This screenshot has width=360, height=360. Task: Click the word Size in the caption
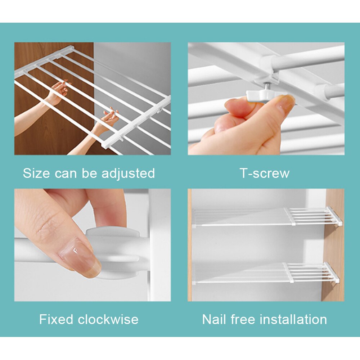(36, 173)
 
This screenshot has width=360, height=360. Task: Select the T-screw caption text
(265, 173)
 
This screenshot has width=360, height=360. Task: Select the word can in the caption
(66, 174)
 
